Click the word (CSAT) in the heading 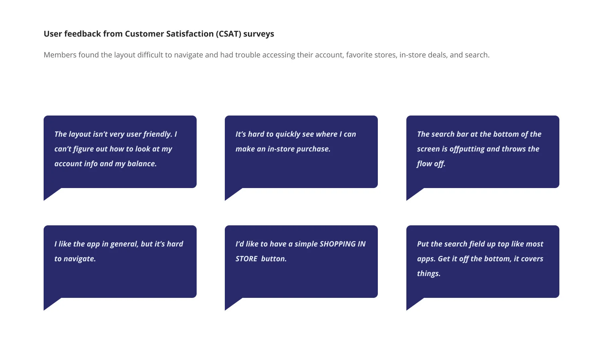[x=229, y=34]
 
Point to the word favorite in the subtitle [x=358, y=55]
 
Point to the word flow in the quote [x=424, y=164]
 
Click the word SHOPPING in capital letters [x=338, y=244]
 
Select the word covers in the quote [x=532, y=259]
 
